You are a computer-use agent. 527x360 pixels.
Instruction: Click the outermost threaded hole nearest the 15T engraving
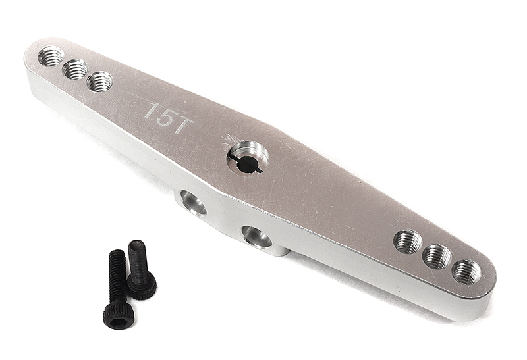point(51,57)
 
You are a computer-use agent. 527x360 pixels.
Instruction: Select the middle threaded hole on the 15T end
point(75,68)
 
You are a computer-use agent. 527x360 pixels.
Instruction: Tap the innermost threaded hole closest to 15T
point(99,82)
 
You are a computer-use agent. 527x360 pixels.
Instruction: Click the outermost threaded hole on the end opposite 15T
point(466,271)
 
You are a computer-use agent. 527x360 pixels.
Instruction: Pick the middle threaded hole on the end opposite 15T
point(437,256)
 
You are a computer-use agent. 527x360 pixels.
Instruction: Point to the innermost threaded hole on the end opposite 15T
point(408,241)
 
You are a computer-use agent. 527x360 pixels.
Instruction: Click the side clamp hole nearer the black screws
point(193,203)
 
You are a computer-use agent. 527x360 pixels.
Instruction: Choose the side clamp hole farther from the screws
point(256,236)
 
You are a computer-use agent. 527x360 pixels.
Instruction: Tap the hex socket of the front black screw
point(119,320)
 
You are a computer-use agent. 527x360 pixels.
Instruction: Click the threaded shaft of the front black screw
point(117,277)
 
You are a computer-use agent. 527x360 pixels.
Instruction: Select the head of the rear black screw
point(142,284)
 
